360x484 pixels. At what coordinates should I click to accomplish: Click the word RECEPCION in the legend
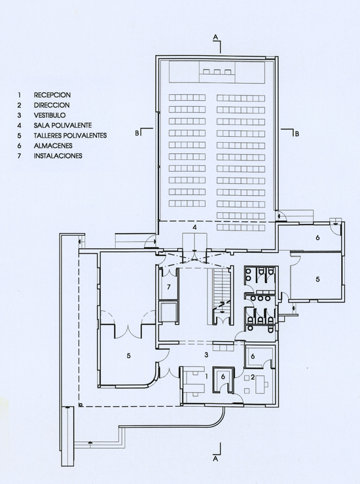click(52, 95)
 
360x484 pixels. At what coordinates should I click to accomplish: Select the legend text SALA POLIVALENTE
click(63, 125)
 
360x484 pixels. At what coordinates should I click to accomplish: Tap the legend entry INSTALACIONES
click(58, 156)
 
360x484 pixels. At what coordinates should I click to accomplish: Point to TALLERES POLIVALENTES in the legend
click(70, 136)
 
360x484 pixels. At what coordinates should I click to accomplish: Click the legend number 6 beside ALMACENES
click(19, 145)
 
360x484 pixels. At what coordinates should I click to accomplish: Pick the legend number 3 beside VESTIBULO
click(19, 115)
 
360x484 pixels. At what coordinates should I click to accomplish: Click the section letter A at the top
click(216, 37)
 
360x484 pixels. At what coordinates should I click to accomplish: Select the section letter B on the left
click(137, 134)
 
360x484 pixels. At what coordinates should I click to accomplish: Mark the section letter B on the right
click(297, 134)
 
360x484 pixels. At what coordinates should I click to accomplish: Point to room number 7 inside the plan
click(168, 287)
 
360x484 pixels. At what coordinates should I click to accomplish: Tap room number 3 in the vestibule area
click(206, 355)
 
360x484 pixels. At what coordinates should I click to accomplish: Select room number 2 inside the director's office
click(253, 377)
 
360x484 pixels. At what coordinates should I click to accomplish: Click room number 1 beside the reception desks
click(207, 377)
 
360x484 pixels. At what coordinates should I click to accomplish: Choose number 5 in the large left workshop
click(129, 356)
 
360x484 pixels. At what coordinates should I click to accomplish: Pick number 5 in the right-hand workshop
click(317, 279)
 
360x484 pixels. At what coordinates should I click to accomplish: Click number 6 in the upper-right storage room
click(317, 238)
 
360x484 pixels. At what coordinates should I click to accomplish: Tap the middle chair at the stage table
click(217, 72)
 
